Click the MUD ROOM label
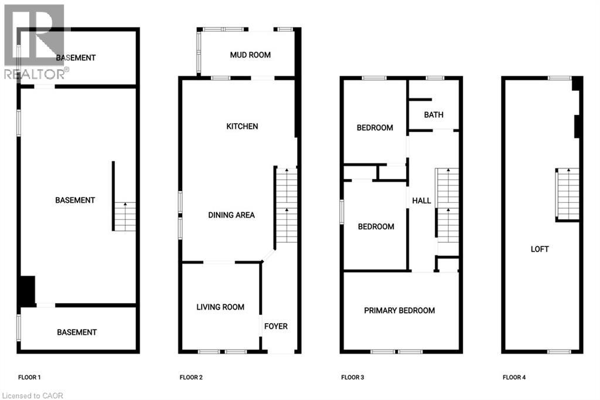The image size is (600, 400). (250, 55)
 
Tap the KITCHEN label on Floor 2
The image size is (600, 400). (242, 126)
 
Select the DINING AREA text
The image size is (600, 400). (231, 215)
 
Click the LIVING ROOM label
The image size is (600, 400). (220, 307)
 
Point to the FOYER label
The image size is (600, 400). (276, 326)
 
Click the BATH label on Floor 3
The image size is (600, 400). (434, 115)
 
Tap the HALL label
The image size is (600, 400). (421, 201)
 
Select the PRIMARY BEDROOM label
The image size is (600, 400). (400, 310)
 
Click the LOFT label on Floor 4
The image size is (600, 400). (540, 249)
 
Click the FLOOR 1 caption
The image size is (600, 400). (29, 377)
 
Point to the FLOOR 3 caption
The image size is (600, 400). (353, 377)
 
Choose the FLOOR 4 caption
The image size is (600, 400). (514, 377)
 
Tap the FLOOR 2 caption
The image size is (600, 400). (191, 377)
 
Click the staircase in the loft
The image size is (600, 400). (568, 194)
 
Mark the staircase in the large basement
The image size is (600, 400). (125, 216)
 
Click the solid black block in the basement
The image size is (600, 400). (27, 290)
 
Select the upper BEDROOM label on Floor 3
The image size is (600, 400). (375, 127)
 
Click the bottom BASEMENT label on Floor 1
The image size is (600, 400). (77, 332)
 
